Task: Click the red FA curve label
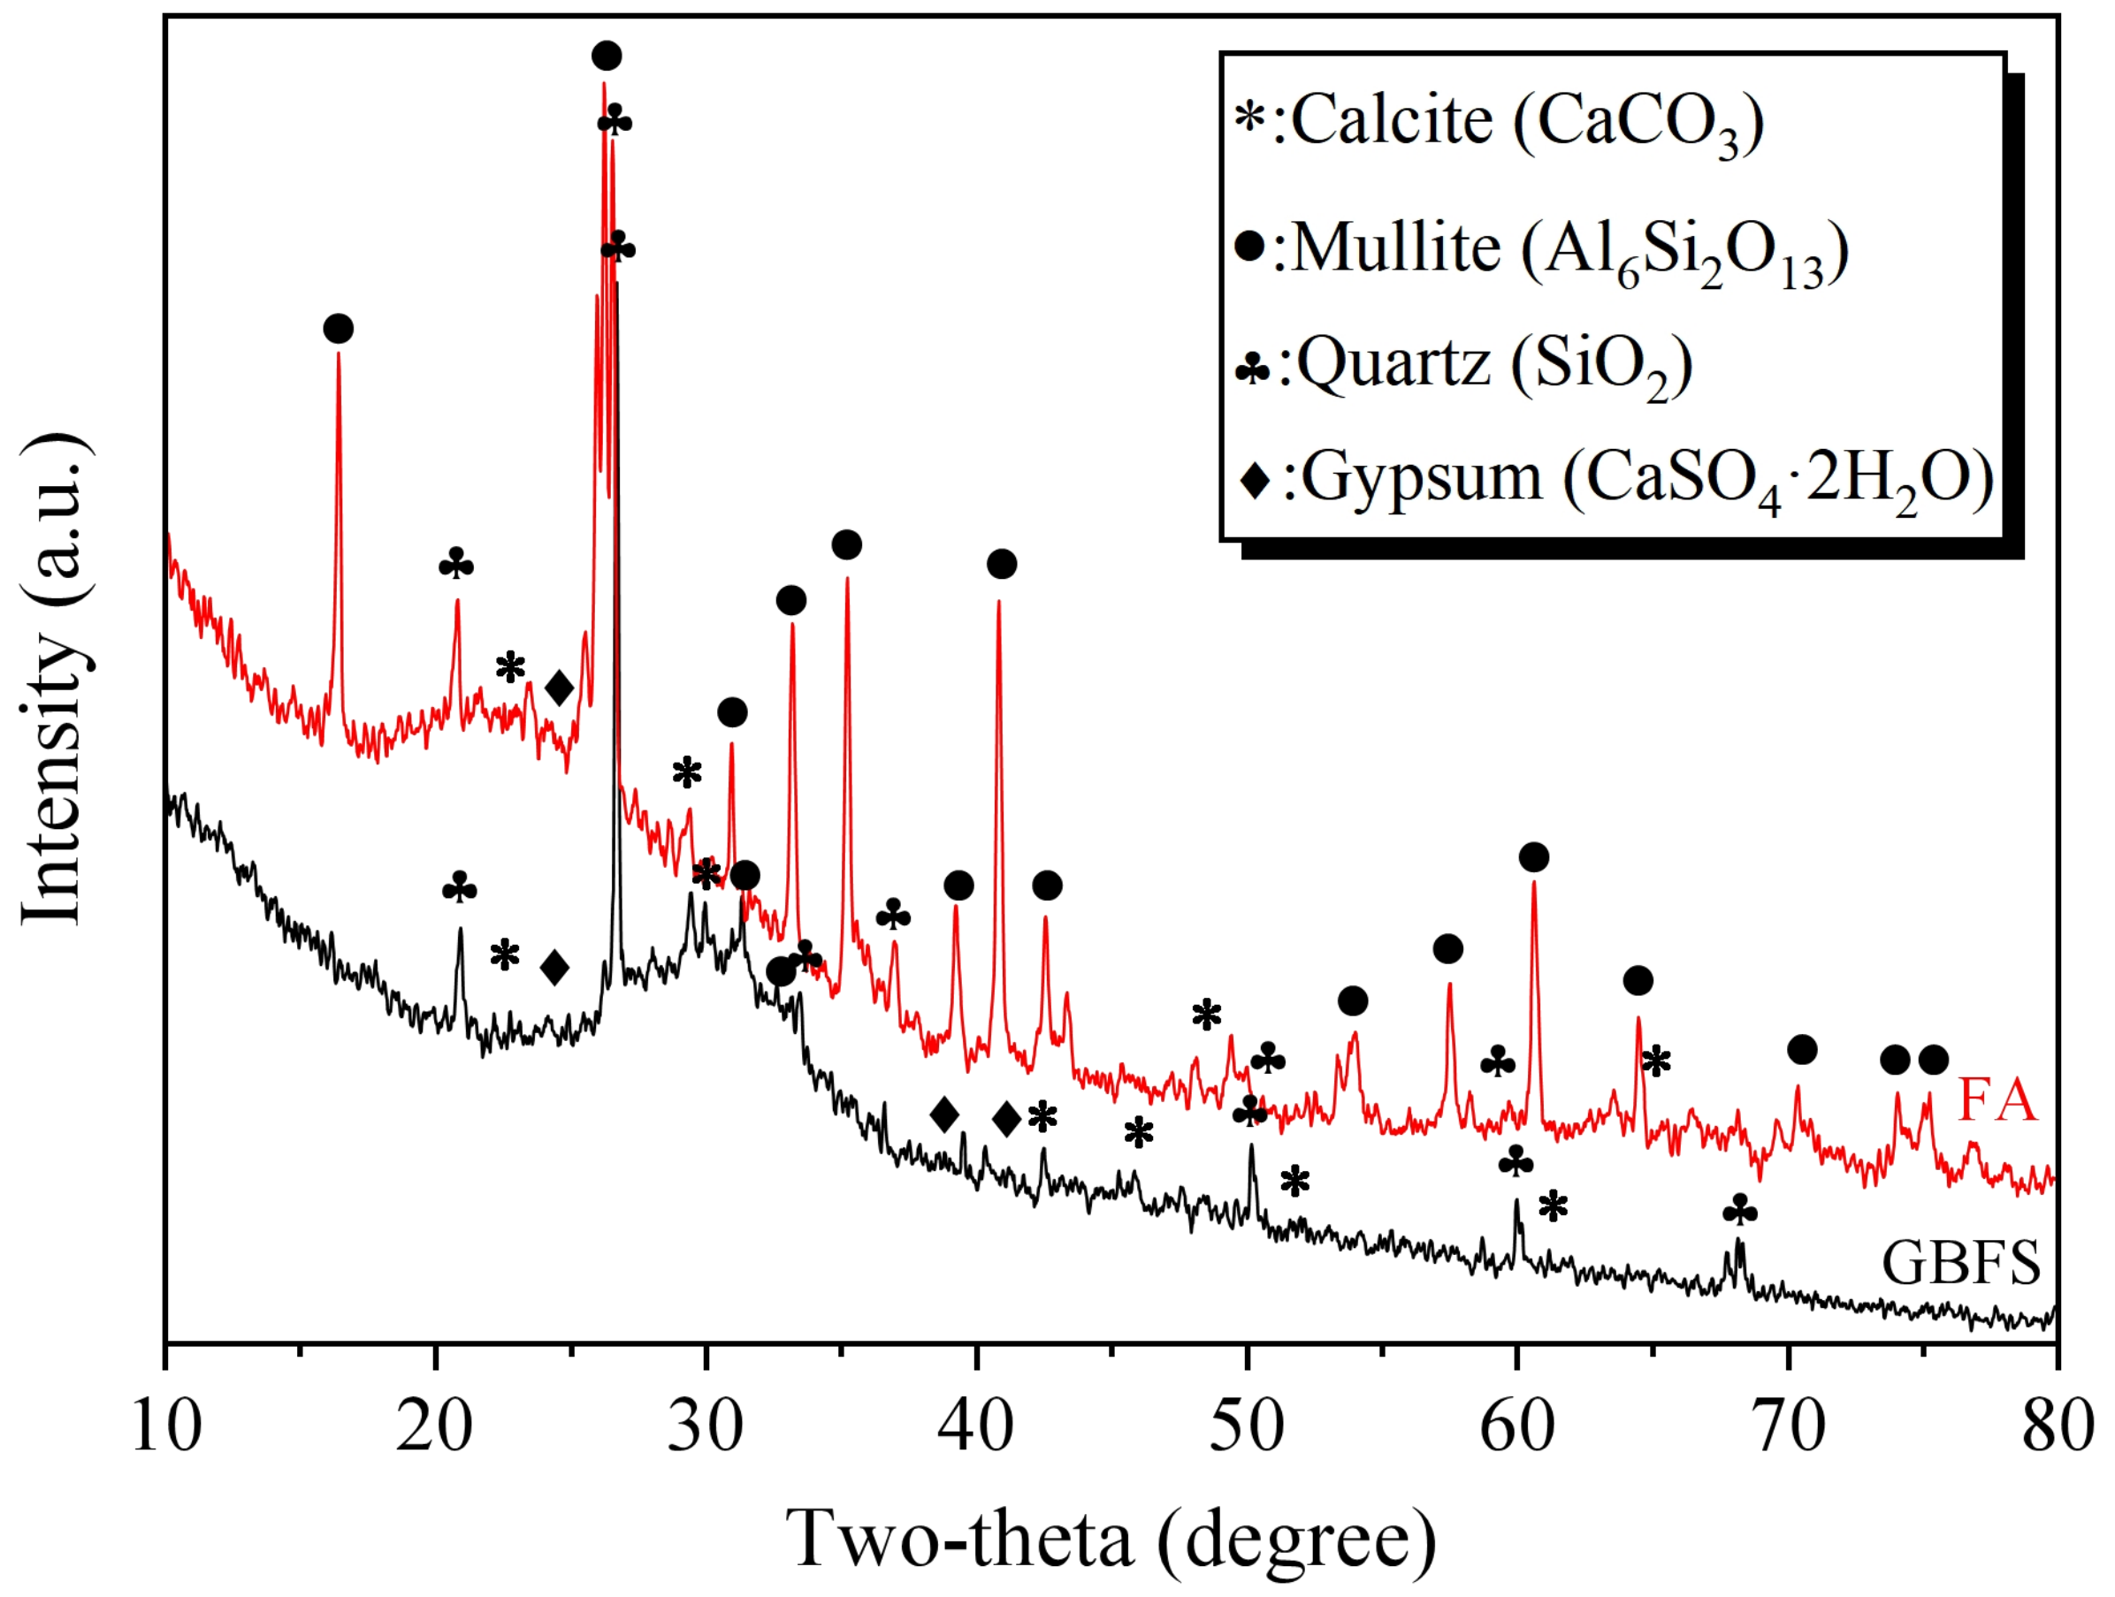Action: pyautogui.click(x=1997, y=1100)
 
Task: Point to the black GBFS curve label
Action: pyautogui.click(x=1960, y=1263)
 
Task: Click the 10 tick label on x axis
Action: pyautogui.click(x=166, y=1428)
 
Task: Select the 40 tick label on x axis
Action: pyautogui.click(x=976, y=1428)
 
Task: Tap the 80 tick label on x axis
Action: pyautogui.click(x=2056, y=1428)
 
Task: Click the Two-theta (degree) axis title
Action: pyautogui.click(x=1109, y=1540)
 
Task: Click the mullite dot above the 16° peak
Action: pyautogui.click(x=339, y=329)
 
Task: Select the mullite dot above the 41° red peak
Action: pyautogui.click(x=1001, y=564)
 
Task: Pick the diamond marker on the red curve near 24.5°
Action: pyautogui.click(x=560, y=688)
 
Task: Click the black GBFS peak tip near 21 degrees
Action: pyautogui.click(x=460, y=929)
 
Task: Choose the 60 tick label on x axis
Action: pyautogui.click(x=1516, y=1428)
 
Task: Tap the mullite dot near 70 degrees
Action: pyautogui.click(x=1801, y=1050)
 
